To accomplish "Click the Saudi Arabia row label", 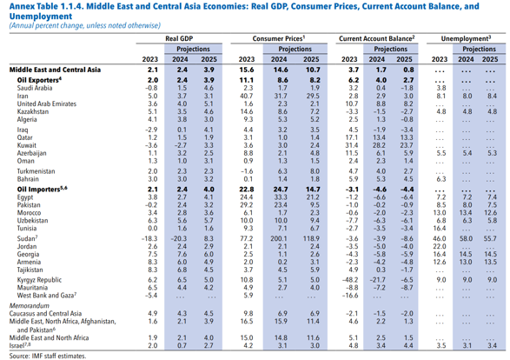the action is (x=35, y=88).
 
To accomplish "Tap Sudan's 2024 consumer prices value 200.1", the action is (x=279, y=238).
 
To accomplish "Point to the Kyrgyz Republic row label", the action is (x=39, y=280).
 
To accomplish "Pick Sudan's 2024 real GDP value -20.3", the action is (x=179, y=238).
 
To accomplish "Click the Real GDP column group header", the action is (x=179, y=38).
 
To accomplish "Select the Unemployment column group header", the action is (x=466, y=38).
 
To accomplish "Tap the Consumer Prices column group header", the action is (x=279, y=38).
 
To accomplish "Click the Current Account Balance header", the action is (x=377, y=38).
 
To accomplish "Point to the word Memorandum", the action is (x=30, y=305).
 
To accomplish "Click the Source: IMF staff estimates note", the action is (x=48, y=356).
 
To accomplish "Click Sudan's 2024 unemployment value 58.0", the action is (x=466, y=238).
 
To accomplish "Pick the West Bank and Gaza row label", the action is (x=47, y=296).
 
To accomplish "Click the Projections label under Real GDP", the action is (x=193, y=49).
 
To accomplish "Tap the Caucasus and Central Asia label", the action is (x=45, y=313).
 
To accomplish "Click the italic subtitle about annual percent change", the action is (x=85, y=25).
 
